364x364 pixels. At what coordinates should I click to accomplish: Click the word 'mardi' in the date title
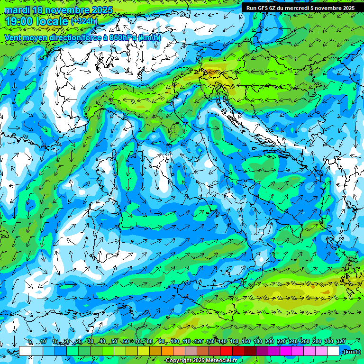[x=16, y=10]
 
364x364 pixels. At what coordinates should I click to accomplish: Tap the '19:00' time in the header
[x=19, y=21]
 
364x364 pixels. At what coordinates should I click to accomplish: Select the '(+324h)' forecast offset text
[x=84, y=21]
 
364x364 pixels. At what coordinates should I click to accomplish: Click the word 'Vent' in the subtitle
[x=13, y=37]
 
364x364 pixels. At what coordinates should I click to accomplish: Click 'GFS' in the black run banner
[x=269, y=8]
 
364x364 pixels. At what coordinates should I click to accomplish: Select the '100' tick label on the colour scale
[x=174, y=341]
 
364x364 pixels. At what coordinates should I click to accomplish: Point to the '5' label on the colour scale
[x=30, y=341]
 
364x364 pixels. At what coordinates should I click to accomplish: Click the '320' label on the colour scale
[x=340, y=341]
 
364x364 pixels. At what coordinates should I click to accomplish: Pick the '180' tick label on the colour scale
[x=257, y=341]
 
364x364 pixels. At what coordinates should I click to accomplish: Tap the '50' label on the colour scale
[x=114, y=341]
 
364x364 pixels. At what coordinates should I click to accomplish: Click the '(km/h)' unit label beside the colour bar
[x=352, y=351]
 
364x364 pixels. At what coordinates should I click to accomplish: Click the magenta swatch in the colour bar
[x=285, y=351]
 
